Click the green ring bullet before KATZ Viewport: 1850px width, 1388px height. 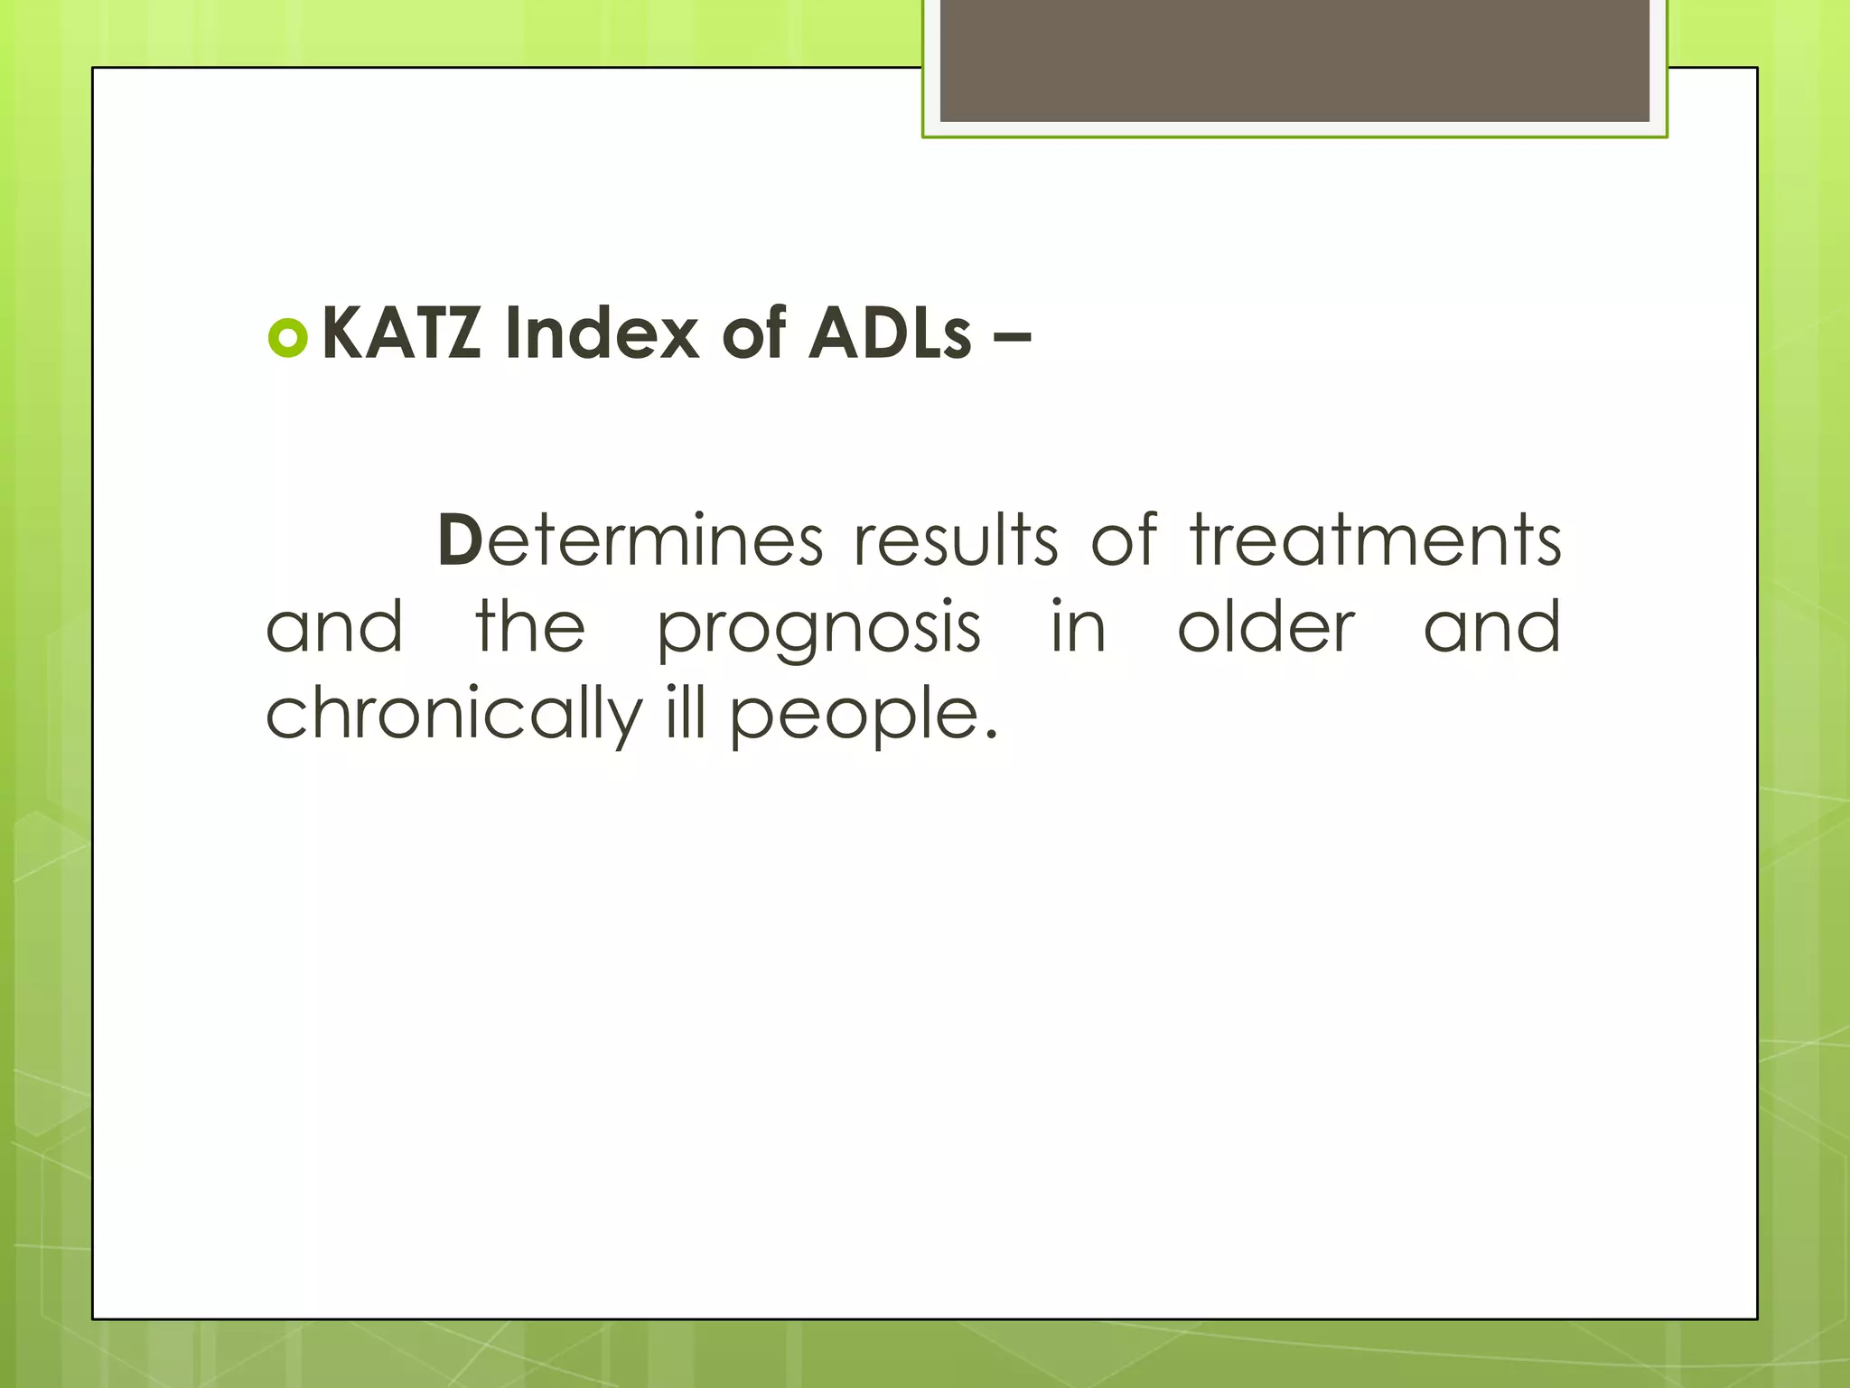point(289,338)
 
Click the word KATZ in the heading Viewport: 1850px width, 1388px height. point(401,333)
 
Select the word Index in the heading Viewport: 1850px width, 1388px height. point(602,333)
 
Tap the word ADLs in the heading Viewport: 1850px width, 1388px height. point(890,333)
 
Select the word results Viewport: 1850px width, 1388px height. point(957,539)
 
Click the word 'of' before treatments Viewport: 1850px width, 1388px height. point(1124,539)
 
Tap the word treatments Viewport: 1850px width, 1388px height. point(1375,539)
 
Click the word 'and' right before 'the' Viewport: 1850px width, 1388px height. point(334,626)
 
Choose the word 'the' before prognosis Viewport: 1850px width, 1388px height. point(530,626)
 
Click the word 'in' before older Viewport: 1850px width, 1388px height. point(1079,626)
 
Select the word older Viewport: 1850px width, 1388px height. point(1266,626)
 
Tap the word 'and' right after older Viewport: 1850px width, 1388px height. point(1492,626)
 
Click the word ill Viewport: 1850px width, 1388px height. point(684,712)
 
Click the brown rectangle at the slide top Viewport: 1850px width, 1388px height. point(1294,61)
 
